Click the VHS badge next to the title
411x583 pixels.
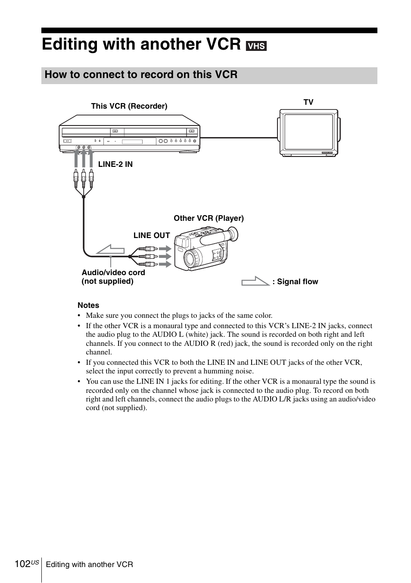click(256, 46)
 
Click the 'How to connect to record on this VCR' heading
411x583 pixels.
click(141, 75)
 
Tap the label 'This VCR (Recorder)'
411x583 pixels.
click(129, 106)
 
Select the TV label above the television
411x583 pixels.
click(308, 102)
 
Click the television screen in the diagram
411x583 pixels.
click(308, 132)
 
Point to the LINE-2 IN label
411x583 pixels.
click(115, 164)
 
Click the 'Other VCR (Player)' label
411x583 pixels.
click(209, 218)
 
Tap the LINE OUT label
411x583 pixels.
click(152, 235)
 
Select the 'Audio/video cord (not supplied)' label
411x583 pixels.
click(113, 277)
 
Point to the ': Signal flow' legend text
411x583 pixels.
click(295, 282)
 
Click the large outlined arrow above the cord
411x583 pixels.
click(110, 249)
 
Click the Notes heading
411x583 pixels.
click(88, 305)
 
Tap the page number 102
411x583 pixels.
click(22, 564)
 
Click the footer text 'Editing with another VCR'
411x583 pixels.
click(90, 564)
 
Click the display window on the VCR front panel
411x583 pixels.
click(132, 141)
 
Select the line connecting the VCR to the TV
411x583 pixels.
click(239, 138)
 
